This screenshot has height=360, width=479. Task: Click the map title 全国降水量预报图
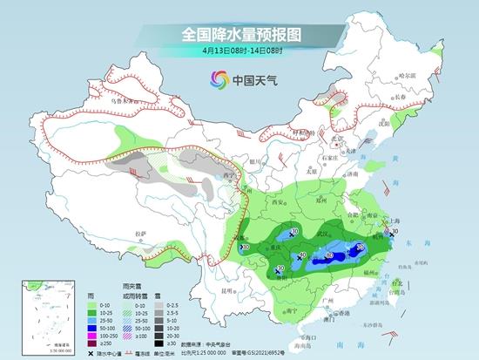pos(239,35)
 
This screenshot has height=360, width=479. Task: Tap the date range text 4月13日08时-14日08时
pos(239,52)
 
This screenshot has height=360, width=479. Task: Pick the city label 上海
pos(399,221)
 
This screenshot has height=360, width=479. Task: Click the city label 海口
pos(304,336)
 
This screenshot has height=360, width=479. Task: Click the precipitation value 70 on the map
pos(361,249)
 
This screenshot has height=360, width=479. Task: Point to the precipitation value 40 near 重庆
pos(302,255)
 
